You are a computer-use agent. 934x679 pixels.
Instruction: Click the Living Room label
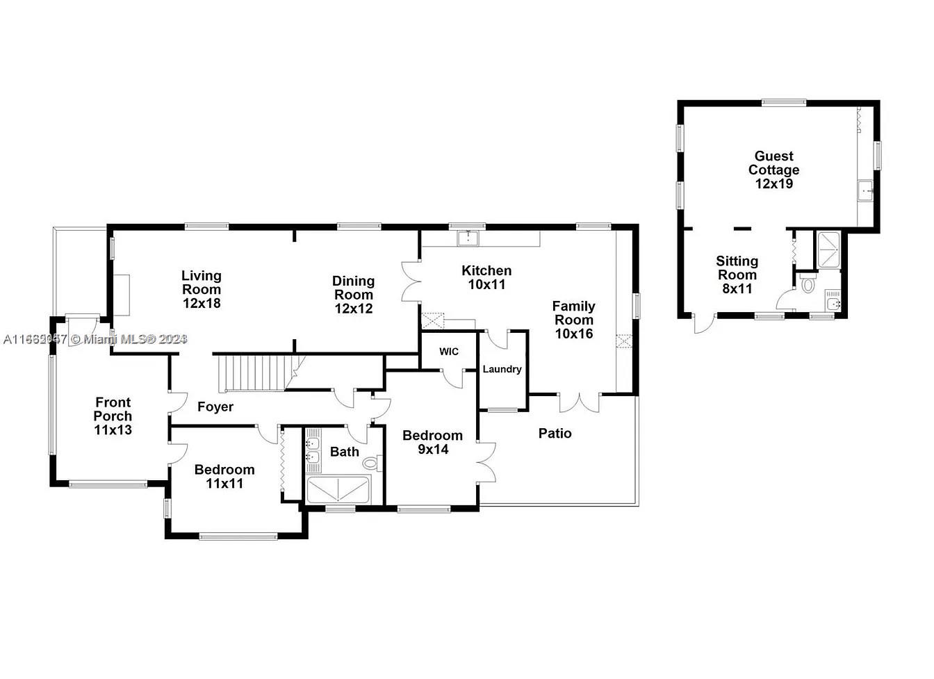(x=202, y=289)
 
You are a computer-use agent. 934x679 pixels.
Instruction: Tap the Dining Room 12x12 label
(x=353, y=295)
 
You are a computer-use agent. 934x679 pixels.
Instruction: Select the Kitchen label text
(x=486, y=277)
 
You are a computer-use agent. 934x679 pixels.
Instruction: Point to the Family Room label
(x=573, y=320)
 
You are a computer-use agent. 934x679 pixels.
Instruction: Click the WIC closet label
(x=449, y=352)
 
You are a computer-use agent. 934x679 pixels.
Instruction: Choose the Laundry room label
(x=502, y=369)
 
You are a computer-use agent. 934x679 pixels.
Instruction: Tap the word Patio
(x=555, y=434)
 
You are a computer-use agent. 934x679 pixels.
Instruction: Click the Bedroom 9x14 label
(x=432, y=442)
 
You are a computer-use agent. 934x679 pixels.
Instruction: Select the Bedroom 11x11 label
(x=224, y=476)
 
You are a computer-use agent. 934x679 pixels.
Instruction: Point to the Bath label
(x=344, y=452)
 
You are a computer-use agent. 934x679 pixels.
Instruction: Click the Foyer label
(x=215, y=407)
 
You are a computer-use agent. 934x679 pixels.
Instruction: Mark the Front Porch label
(x=113, y=416)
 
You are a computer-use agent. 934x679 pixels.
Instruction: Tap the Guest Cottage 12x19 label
(x=773, y=170)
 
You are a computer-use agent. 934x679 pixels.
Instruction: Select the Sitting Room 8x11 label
(x=737, y=275)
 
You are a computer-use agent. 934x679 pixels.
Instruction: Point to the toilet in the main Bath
(x=372, y=462)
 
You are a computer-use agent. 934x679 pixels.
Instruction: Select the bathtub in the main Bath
(x=338, y=490)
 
